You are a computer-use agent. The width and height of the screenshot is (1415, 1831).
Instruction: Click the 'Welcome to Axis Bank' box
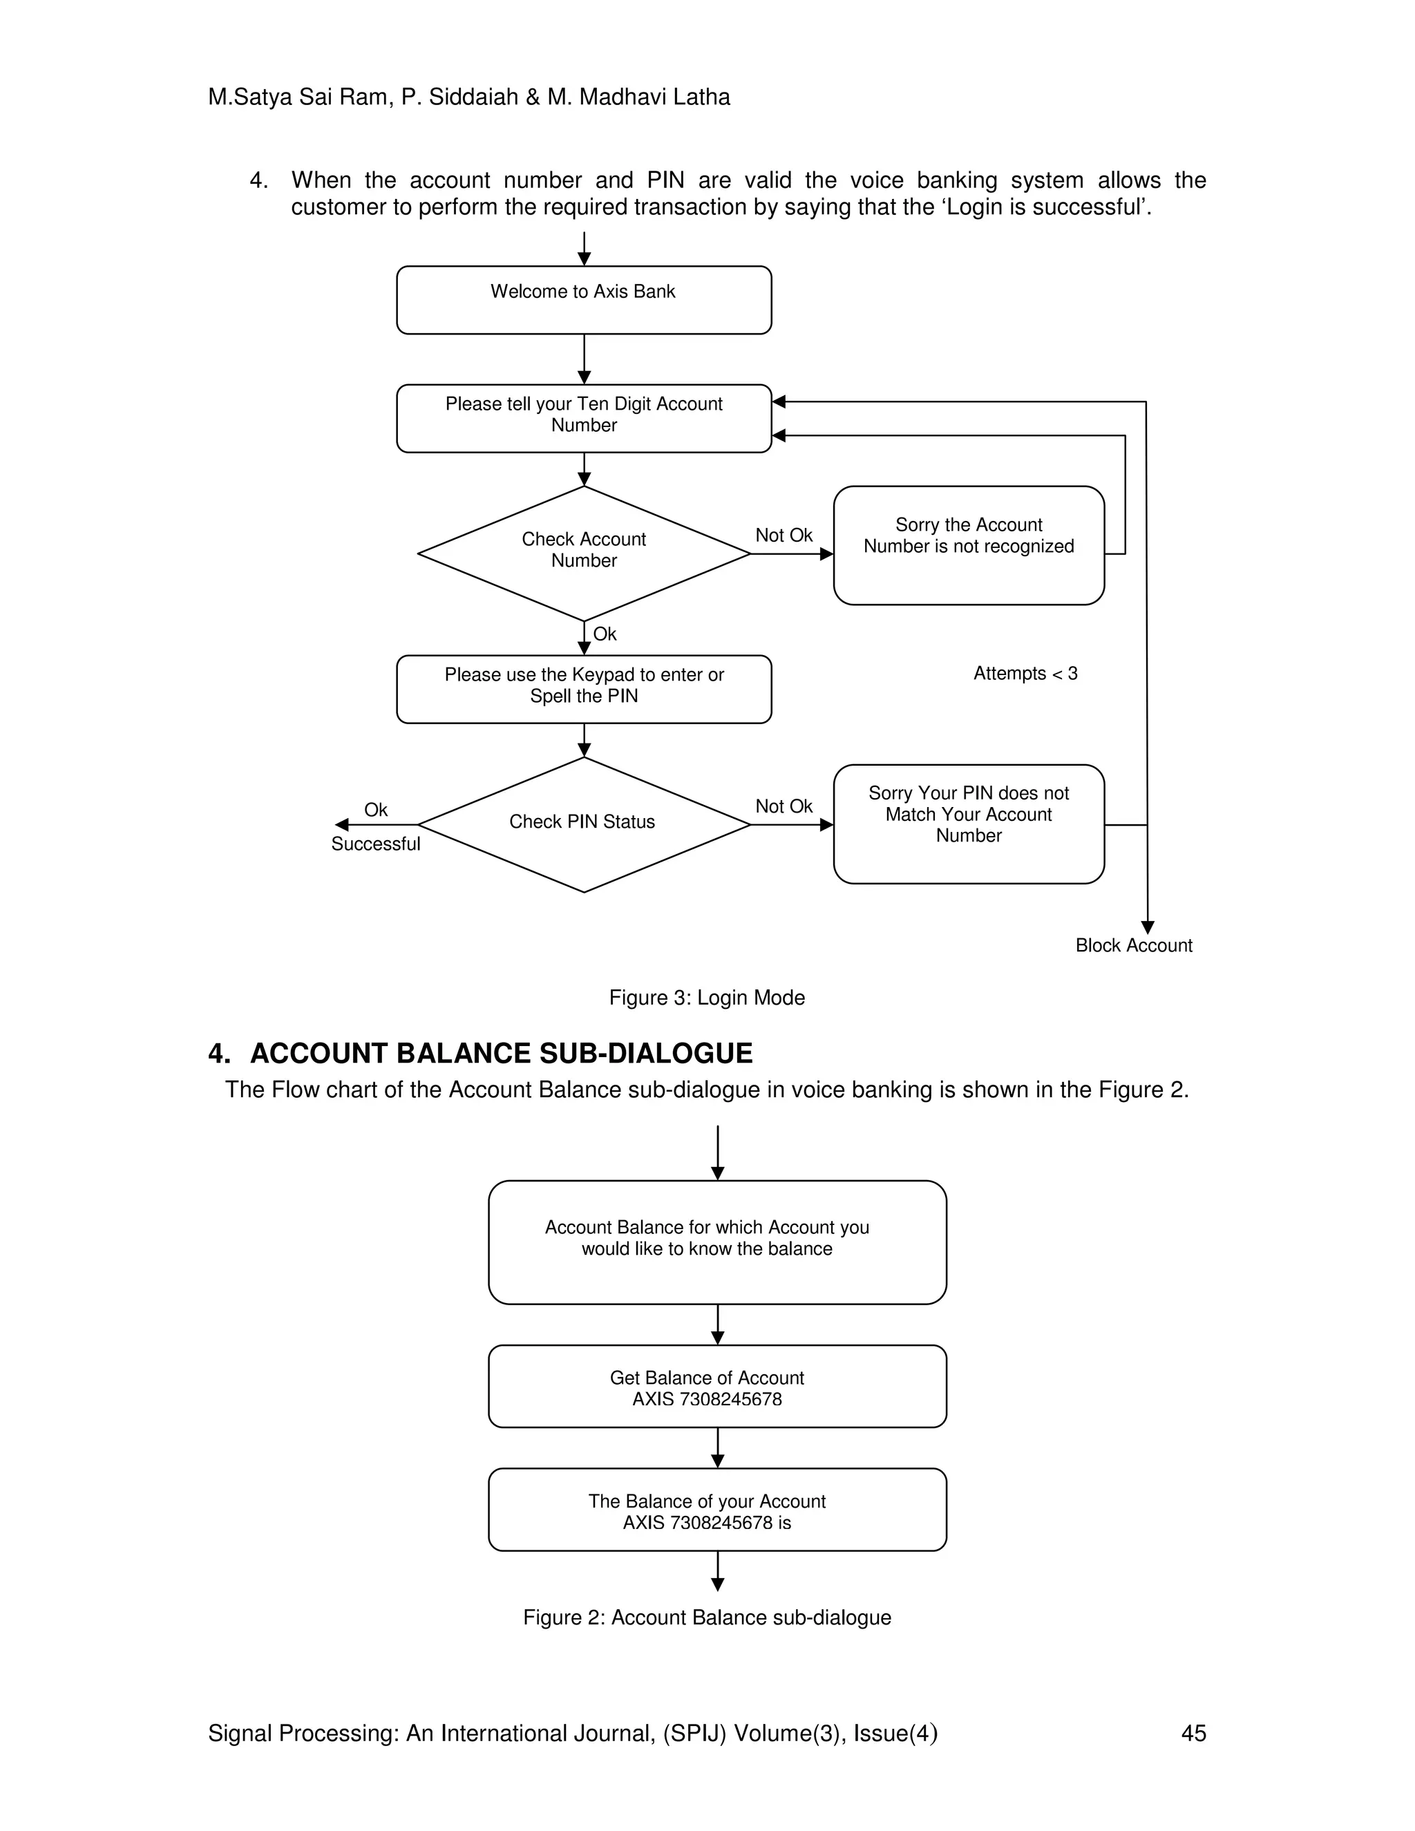click(583, 299)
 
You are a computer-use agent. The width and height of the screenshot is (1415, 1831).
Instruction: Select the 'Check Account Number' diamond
click(583, 553)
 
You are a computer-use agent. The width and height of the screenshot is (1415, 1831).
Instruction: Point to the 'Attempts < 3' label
click(1025, 673)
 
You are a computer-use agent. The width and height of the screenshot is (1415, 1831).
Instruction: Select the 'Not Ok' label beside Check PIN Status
click(783, 806)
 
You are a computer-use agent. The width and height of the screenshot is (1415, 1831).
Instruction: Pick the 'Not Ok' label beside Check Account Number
click(783, 535)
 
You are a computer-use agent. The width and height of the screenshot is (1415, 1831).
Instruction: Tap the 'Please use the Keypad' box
click(583, 688)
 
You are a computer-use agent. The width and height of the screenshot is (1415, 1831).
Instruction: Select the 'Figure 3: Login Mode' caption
click(707, 997)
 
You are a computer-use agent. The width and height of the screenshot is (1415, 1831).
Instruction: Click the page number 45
click(1193, 1733)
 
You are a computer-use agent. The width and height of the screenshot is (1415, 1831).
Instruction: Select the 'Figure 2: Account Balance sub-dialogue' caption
click(707, 1617)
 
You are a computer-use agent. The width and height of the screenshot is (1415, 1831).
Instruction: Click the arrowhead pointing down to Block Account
click(1148, 927)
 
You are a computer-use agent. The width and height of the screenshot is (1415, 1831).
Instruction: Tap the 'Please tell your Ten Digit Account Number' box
click(583, 417)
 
